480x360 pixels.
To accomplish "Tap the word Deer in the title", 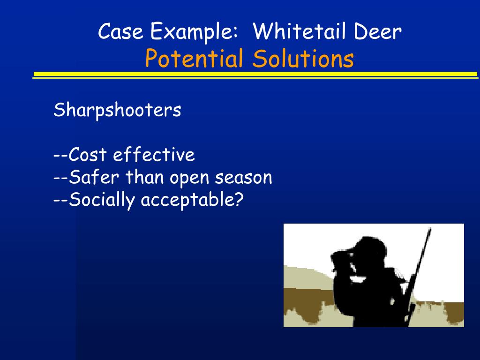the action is [377, 31].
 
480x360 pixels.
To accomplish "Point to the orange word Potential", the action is [195, 58].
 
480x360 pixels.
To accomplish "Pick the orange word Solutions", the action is [303, 58].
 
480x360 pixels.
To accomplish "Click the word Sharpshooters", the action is [117, 110].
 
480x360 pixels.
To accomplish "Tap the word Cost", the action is [87, 154].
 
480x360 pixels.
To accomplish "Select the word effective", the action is [154, 154].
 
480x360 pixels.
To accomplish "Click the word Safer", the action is [93, 177].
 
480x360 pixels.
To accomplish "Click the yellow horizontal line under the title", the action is [255, 75].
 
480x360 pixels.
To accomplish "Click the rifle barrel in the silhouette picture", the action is [420, 270].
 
